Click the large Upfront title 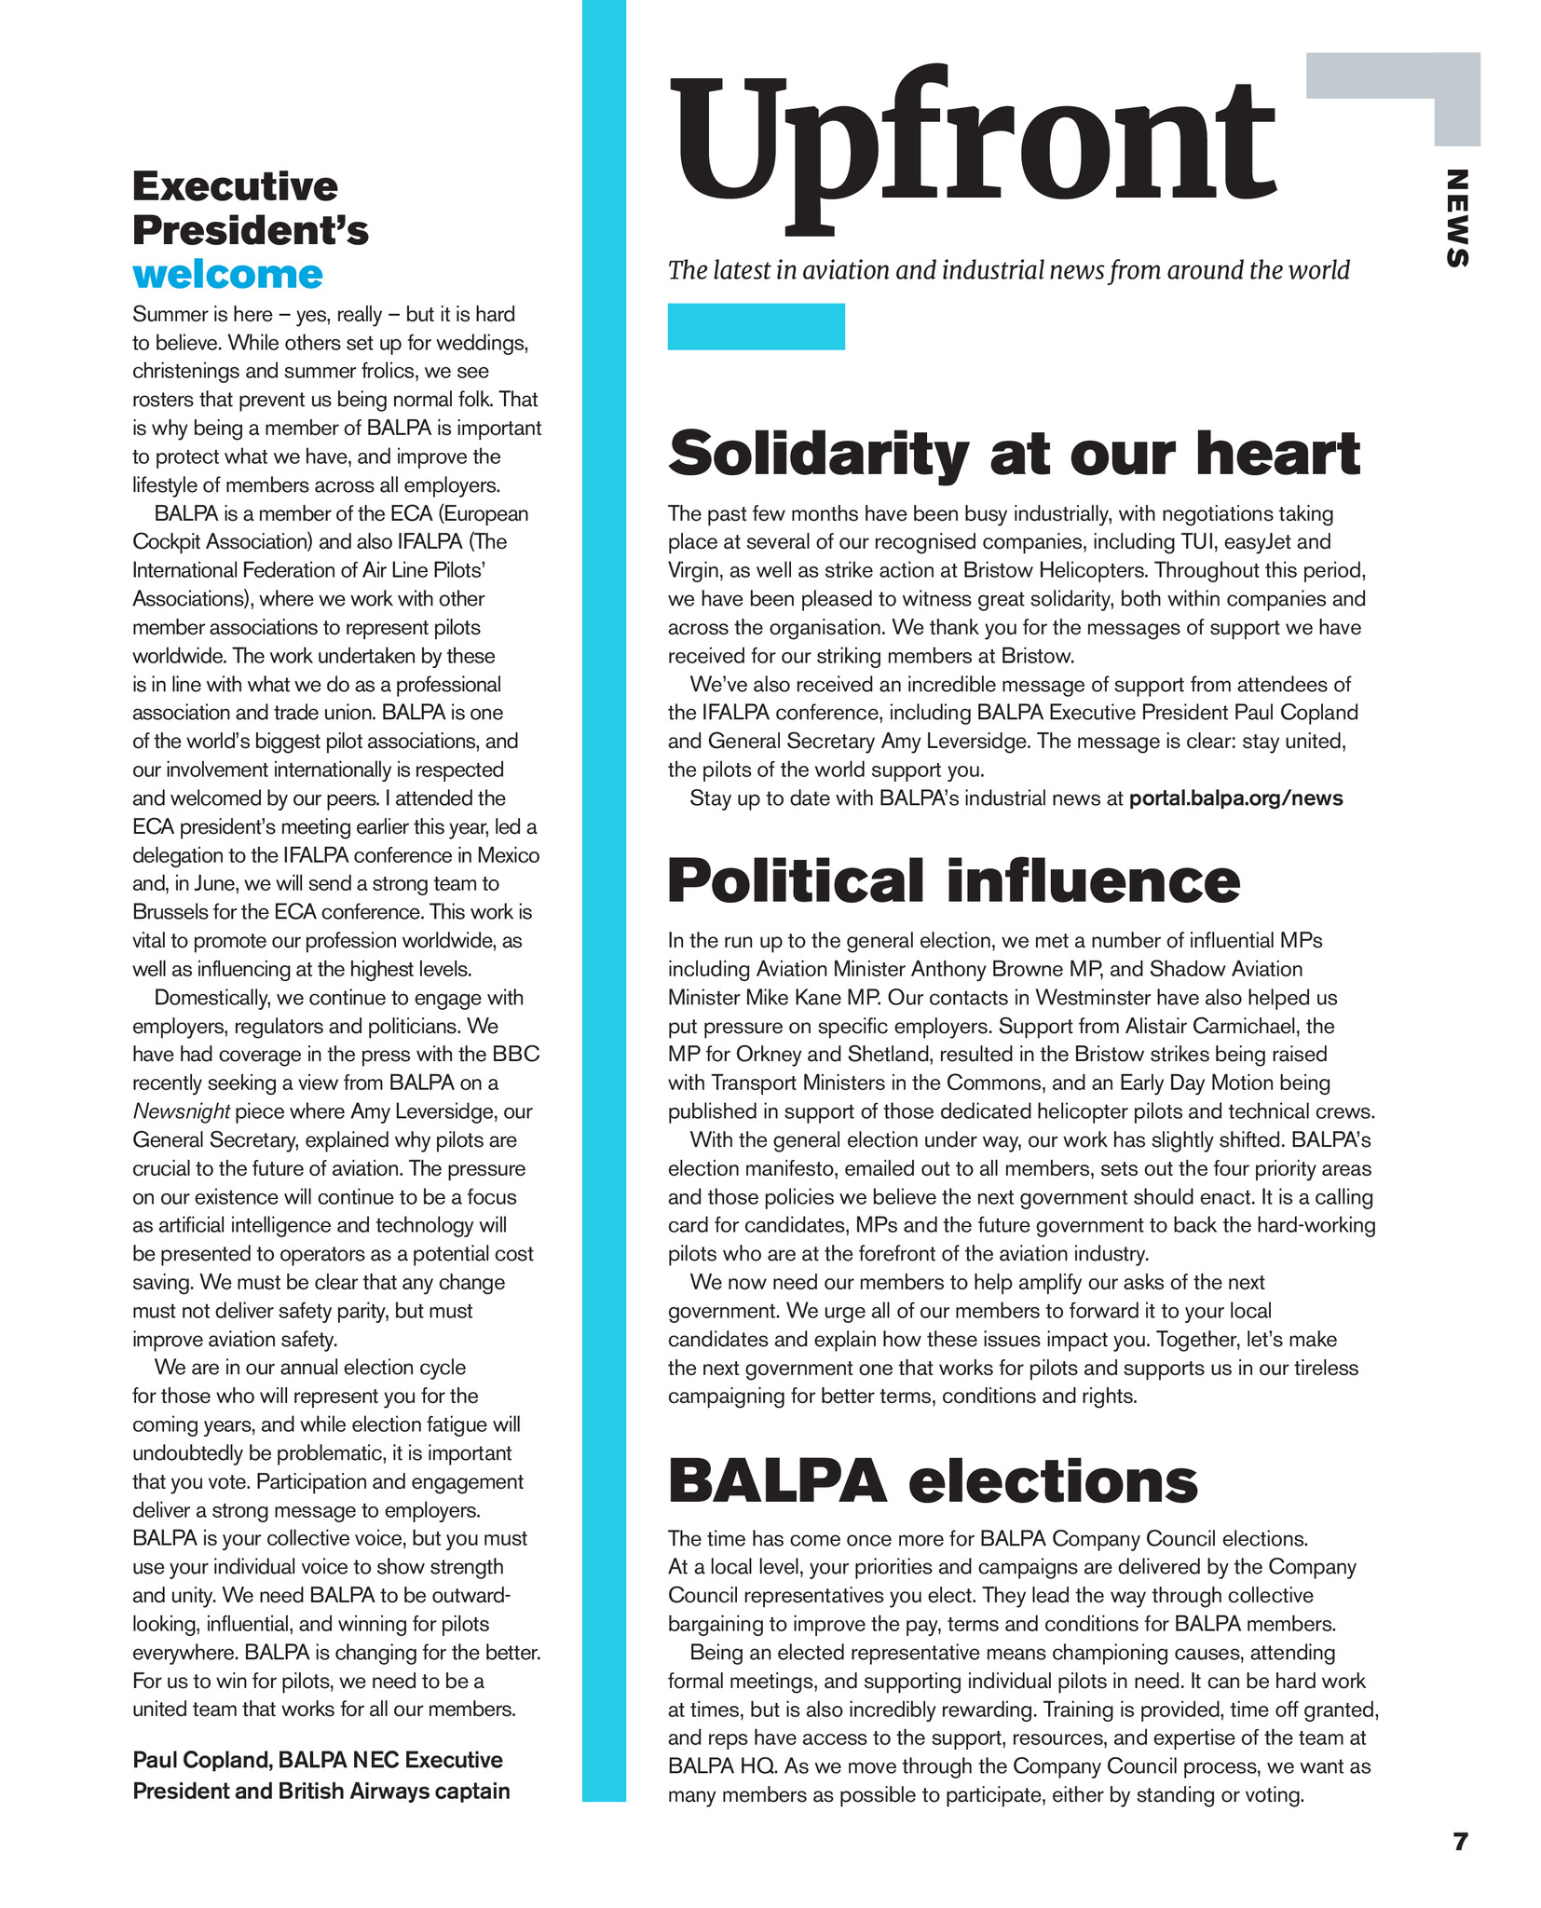tap(972, 144)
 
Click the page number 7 tap(1460, 1842)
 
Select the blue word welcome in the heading tap(227, 275)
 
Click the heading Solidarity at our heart tap(1014, 454)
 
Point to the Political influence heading tap(953, 880)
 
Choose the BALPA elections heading tap(933, 1480)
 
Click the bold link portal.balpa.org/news tap(1235, 798)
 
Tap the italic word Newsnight tap(181, 1111)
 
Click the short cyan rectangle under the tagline tap(756, 327)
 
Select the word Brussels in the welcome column tap(174, 912)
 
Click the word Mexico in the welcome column tap(508, 855)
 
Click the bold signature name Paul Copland tap(200, 1760)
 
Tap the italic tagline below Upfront tap(1008, 270)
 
